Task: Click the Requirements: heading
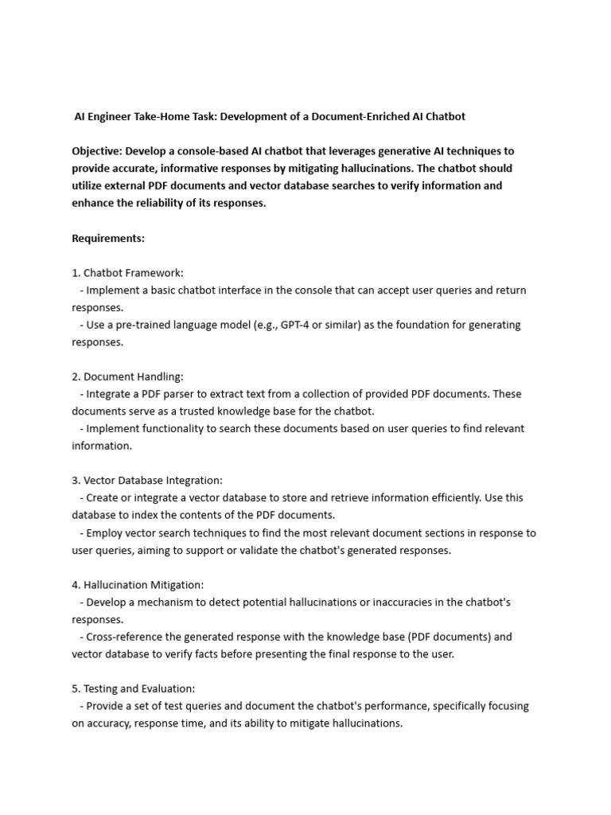pos(108,238)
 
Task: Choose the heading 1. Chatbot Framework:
pos(127,273)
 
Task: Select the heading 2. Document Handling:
pos(127,376)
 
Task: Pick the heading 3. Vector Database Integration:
pos(147,481)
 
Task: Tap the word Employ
pos(104,533)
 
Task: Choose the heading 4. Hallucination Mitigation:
pos(138,585)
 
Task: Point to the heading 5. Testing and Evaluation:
pos(133,688)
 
